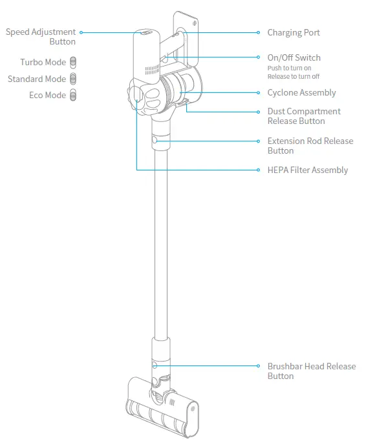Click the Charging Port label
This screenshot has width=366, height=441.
pyautogui.click(x=293, y=33)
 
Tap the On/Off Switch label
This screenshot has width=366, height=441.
pyautogui.click(x=294, y=57)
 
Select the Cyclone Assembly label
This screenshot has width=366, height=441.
pyautogui.click(x=301, y=93)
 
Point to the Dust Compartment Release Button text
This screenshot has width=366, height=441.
pyautogui.click(x=303, y=116)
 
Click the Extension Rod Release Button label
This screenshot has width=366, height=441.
pyautogui.click(x=310, y=145)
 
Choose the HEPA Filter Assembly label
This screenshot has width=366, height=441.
pyautogui.click(x=307, y=170)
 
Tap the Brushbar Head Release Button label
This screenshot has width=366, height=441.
pyautogui.click(x=311, y=371)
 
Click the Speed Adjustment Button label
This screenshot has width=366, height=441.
pyautogui.click(x=41, y=37)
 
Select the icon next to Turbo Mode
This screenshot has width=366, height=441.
pyautogui.click(x=73, y=63)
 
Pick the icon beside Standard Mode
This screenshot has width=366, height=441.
pyautogui.click(x=73, y=79)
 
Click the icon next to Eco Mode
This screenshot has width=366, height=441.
pyautogui.click(x=73, y=95)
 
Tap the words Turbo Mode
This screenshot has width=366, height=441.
pyautogui.click(x=43, y=63)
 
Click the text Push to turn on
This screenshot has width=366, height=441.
pyautogui.click(x=289, y=68)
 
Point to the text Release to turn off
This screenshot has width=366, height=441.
pyautogui.click(x=293, y=77)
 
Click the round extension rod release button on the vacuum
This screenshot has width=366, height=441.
pyautogui.click(x=154, y=140)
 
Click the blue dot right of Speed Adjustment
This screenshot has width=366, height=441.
pyautogui.click(x=81, y=32)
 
